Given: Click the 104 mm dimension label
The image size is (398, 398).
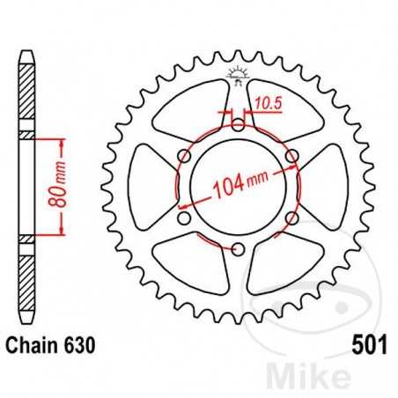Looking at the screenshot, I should click(x=240, y=186).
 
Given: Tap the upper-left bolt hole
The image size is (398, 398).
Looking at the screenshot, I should click(x=183, y=156).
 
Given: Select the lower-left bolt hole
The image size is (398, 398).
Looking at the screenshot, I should click(x=183, y=217).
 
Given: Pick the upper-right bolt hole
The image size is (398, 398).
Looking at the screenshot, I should click(x=291, y=156).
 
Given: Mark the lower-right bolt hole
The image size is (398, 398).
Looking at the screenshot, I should click(x=291, y=217).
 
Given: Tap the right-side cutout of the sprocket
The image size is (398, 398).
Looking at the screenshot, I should click(x=324, y=187).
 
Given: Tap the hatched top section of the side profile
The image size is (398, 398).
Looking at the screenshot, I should click(x=27, y=88).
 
